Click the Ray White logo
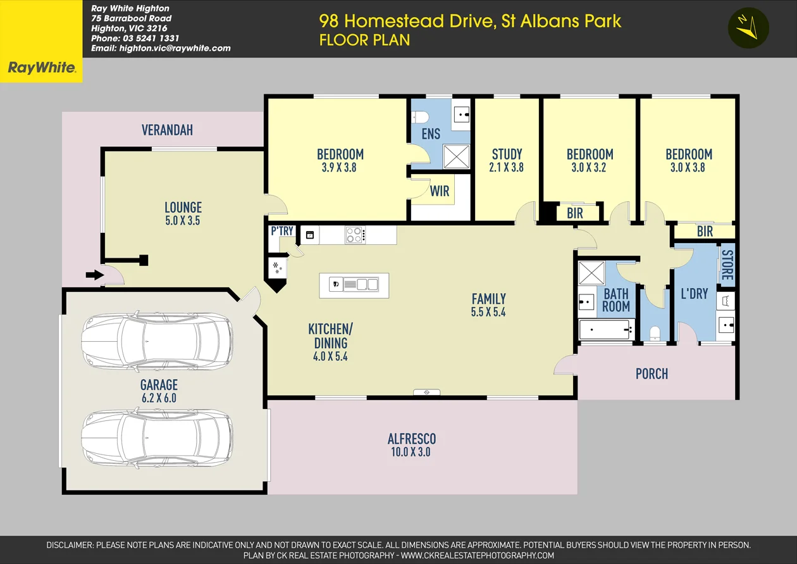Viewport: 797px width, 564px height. (x=41, y=68)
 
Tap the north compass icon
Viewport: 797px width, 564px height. (x=748, y=28)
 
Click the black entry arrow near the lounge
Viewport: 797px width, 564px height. (x=94, y=275)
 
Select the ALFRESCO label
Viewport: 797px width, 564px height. (x=412, y=439)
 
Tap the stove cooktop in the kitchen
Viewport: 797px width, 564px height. (x=354, y=235)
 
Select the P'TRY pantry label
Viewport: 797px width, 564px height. (x=281, y=231)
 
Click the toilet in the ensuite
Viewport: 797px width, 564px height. (x=421, y=117)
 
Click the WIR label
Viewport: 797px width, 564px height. (x=440, y=191)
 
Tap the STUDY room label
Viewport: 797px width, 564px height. (x=507, y=154)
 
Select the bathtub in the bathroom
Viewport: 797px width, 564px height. (x=606, y=330)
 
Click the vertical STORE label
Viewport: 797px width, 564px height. (x=726, y=266)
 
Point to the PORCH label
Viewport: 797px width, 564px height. (x=652, y=373)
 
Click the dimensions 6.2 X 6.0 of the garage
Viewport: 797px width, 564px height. (x=159, y=398)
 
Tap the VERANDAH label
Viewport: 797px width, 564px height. (x=167, y=130)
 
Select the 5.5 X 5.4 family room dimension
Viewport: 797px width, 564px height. (x=488, y=312)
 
